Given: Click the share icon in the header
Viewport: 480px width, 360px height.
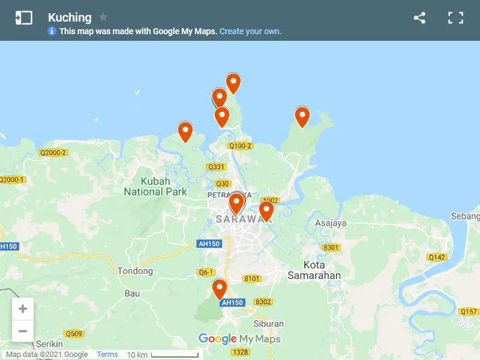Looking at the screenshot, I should (x=419, y=18).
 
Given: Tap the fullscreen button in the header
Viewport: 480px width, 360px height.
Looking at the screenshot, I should (x=456, y=18).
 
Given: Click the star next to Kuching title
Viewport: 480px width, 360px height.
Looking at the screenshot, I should (x=103, y=17).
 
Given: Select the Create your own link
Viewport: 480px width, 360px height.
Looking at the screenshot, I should (x=250, y=31).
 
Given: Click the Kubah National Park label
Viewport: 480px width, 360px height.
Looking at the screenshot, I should (x=155, y=187).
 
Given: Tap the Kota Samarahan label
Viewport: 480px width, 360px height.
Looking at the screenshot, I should (x=314, y=270).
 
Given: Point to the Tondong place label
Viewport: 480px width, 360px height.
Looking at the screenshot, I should (x=135, y=271).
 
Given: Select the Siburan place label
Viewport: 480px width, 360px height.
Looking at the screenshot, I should (x=268, y=324).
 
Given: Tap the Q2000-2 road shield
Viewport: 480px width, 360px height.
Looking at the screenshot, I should (x=53, y=152).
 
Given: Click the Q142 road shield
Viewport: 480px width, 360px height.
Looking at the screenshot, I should (x=437, y=257).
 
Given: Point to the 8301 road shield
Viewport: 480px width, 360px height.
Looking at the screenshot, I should (x=331, y=247).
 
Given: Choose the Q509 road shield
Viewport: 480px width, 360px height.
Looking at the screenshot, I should (x=74, y=334).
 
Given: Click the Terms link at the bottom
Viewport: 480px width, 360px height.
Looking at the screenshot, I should (x=107, y=355).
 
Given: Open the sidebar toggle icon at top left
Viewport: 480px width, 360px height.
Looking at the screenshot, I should (x=24, y=18).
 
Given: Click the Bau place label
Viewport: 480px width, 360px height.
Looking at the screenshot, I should (x=131, y=293).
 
